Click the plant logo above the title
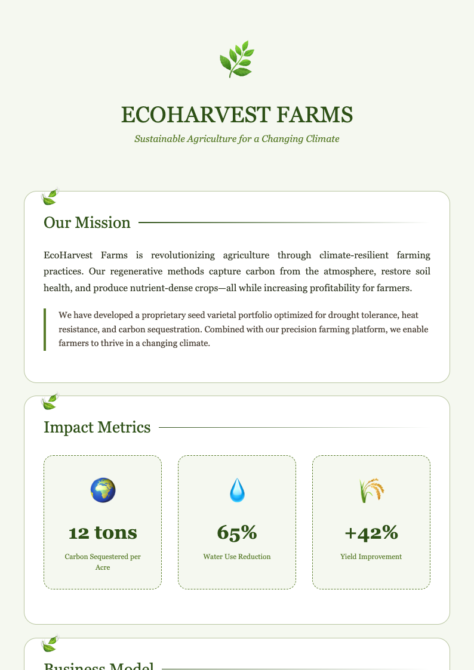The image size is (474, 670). point(237,59)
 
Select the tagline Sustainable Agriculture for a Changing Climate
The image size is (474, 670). point(237,139)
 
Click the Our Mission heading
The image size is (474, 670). point(87,223)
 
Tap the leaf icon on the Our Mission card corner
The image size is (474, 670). point(50,197)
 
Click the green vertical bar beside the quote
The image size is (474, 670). point(45,329)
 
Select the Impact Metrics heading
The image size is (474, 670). point(97,427)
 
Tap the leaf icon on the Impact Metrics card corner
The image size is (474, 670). point(50,402)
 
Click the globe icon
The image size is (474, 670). point(103,490)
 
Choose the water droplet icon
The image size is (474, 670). point(237,490)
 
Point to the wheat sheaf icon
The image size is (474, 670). point(371,490)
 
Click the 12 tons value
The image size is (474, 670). point(103,532)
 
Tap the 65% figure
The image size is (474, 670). point(237,532)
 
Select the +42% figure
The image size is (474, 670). point(371,532)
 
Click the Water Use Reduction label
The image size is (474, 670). point(237,557)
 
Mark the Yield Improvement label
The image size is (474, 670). point(371,557)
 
